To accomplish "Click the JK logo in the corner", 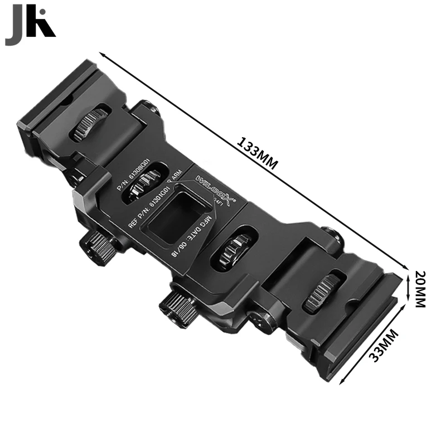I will pyautogui.click(x=30, y=28).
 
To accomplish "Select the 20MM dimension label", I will pyautogui.click(x=421, y=289).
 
